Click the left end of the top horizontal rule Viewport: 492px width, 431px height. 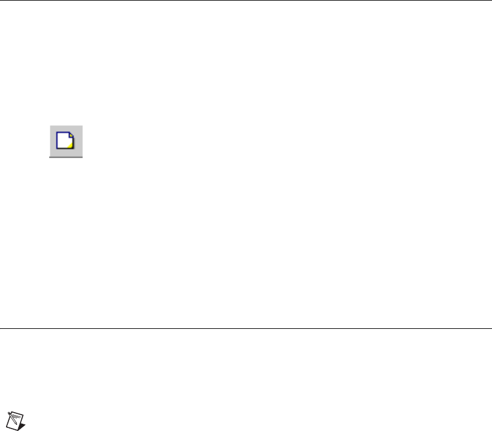click(x=1, y=1)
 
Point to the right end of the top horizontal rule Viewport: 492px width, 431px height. click(x=490, y=1)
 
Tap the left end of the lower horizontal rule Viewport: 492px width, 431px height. click(x=1, y=329)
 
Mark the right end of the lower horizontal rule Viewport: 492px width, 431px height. click(x=490, y=329)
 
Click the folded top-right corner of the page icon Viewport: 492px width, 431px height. click(x=72, y=136)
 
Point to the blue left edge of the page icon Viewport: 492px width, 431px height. click(x=57, y=141)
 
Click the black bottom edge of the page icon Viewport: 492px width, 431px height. click(x=65, y=149)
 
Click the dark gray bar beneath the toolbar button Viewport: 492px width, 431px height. click(x=66, y=157)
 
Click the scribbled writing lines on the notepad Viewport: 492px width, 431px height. click(x=16, y=416)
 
